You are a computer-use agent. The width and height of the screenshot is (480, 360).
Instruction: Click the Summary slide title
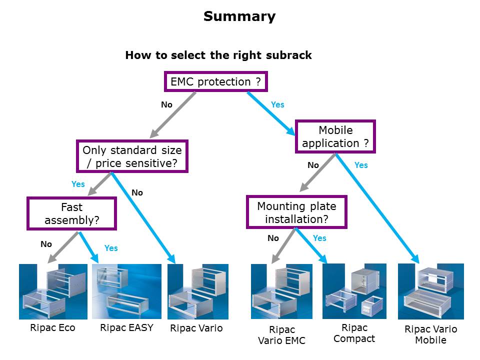coord(239,16)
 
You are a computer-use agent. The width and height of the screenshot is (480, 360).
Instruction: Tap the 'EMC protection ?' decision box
coord(215,81)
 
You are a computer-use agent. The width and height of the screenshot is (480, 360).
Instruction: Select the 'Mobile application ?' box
coord(335,136)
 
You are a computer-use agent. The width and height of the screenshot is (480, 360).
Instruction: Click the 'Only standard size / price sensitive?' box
coord(132,156)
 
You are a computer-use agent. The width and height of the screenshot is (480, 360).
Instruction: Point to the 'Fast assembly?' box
coord(71,213)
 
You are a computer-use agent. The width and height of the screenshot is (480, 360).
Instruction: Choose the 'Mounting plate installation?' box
coord(296,212)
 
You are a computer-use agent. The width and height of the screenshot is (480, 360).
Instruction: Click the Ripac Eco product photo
coord(53,291)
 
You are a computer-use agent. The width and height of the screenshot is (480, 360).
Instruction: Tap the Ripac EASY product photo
coord(126,291)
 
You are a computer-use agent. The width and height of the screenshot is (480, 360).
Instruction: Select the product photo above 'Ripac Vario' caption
coord(198,291)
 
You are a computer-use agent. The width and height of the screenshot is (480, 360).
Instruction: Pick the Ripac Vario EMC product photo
coord(281,291)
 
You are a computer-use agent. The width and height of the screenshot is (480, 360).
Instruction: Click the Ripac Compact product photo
coord(354,291)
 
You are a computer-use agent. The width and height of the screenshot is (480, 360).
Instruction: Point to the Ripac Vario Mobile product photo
coord(430,291)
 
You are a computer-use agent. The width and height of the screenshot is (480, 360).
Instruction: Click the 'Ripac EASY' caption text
coord(126,328)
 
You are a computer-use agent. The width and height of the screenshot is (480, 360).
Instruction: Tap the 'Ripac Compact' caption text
coord(354,333)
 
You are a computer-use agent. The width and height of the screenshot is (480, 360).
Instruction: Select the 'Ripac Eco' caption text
coord(53,328)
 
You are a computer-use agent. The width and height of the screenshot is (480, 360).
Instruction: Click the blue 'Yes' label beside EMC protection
coord(277,104)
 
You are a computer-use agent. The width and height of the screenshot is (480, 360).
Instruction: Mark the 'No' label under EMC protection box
coord(166,104)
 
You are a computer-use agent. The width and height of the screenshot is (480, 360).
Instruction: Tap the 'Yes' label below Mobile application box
coord(361,165)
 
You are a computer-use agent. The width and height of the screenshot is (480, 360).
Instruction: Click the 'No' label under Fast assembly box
coord(46,244)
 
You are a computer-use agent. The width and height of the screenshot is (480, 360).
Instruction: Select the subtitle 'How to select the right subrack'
coord(218,55)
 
